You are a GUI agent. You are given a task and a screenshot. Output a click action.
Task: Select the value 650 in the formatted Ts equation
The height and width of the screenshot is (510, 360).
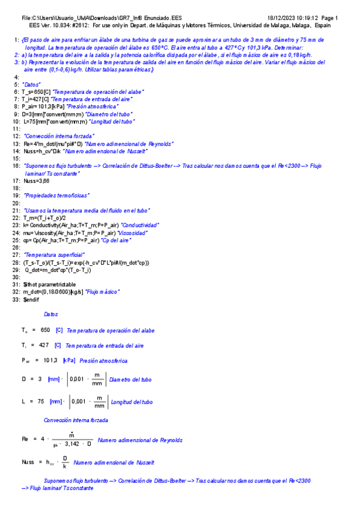coord(44,330)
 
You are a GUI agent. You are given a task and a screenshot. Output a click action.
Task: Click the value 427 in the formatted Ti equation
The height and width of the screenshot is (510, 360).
coord(44,345)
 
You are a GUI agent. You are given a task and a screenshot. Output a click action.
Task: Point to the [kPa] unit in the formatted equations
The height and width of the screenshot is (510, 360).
coord(69,360)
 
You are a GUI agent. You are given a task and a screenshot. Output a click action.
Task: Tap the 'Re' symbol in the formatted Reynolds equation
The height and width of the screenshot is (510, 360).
coord(25,439)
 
